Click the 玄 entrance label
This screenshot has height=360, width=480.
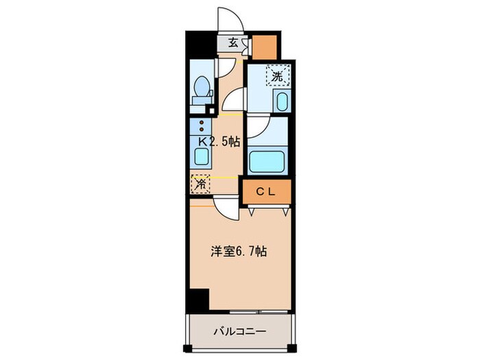233,43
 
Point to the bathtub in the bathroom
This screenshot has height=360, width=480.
267,161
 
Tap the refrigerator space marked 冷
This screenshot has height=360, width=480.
200,184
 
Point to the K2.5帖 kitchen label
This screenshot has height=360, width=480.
219,142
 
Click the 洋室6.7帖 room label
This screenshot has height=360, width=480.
238,252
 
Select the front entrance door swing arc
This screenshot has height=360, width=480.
227,17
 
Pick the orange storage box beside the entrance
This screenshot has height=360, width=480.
265,46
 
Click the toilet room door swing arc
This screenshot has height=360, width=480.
226,69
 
